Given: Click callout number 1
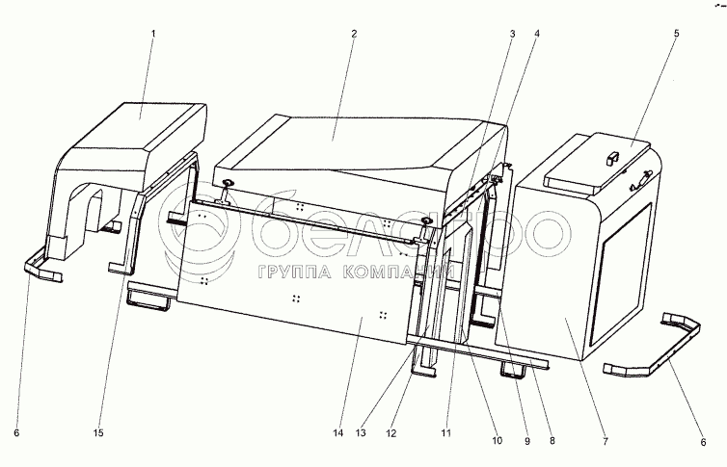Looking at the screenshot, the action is [x=151, y=34].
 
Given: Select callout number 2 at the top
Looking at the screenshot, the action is [x=354, y=34].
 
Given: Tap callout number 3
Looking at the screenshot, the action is [x=512, y=34].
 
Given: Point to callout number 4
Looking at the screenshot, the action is [x=537, y=34].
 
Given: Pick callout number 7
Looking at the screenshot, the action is [x=605, y=442].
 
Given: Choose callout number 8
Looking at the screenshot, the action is [x=552, y=442].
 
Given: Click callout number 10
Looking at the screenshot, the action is [x=497, y=442].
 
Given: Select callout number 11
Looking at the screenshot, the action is [x=446, y=434].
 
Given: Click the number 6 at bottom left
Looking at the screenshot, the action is [x=15, y=434].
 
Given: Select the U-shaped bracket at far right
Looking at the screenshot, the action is [x=665, y=347].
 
